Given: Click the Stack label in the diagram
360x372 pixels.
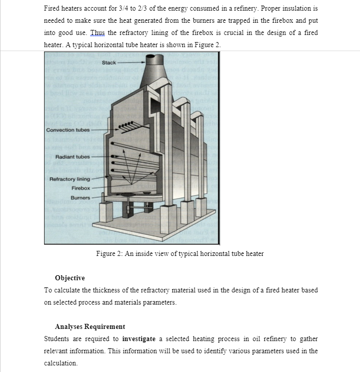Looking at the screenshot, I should (108, 62).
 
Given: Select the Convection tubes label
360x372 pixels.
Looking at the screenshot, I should (67, 130).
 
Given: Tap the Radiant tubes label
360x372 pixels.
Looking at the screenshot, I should (72, 157).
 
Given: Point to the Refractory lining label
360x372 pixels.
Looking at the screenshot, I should (69, 179).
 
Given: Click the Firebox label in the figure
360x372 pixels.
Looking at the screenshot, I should (80, 188).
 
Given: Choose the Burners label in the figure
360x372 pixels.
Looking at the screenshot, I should (80, 197).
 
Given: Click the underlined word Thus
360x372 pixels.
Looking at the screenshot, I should (97, 32).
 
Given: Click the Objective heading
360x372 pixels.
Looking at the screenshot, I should (69, 278).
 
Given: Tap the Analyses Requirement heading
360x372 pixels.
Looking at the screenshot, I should (90, 326).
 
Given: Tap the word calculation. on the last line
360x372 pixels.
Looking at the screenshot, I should (61, 363).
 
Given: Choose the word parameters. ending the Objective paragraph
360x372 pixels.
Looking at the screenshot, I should (161, 302).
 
